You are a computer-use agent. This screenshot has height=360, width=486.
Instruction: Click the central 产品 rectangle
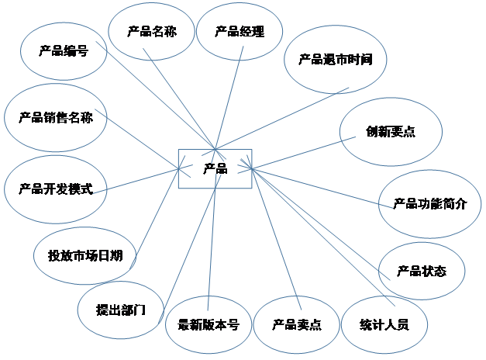point(215,168)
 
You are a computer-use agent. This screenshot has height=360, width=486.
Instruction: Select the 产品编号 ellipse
point(63,52)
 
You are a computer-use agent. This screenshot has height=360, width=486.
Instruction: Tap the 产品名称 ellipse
point(151,32)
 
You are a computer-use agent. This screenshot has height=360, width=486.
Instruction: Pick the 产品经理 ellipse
point(240,32)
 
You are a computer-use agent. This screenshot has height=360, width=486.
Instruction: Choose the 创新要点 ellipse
point(391,131)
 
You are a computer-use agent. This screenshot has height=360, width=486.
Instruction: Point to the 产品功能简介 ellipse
point(429,204)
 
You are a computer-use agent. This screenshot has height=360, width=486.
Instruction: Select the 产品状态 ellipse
point(422,271)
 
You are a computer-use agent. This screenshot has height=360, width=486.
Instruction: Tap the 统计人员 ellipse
point(384,324)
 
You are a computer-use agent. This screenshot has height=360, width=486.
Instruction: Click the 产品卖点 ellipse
point(297,324)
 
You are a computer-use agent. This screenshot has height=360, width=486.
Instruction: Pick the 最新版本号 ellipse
point(208,324)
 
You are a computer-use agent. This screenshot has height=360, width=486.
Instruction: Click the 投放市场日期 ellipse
point(85,254)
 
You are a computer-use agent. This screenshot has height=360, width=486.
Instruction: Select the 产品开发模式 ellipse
point(56,189)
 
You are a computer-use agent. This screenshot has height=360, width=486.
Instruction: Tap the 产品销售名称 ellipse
point(56,118)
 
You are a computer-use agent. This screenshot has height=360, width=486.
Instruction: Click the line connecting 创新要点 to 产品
point(298,154)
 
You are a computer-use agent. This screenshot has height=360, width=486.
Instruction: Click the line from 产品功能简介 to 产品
point(318,186)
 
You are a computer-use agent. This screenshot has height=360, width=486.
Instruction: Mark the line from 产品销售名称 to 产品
point(143,142)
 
